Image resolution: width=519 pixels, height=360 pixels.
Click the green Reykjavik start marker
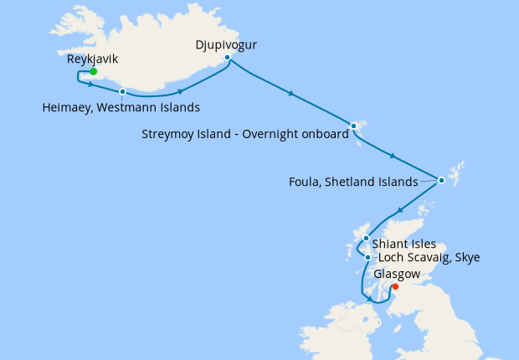pos(93,71)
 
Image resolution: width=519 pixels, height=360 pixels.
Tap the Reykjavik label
pos(93,59)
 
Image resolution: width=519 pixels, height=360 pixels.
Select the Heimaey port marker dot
pos(122,91)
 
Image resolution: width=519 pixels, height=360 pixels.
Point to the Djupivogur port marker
pos(227,57)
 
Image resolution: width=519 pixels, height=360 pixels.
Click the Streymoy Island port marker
pos(353,126)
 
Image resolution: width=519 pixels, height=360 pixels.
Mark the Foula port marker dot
pos(441,179)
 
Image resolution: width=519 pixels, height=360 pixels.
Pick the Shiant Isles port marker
pos(366,239)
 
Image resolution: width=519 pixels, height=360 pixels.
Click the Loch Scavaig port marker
pos(367,258)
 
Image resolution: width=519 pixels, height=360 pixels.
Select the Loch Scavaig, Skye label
pos(429,258)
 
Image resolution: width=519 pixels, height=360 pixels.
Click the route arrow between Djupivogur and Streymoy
pos(290,94)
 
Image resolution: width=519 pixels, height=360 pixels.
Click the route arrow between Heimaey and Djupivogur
pos(181,90)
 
